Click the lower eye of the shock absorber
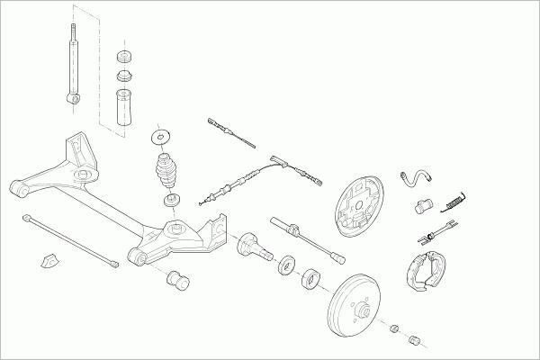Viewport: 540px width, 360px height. pyautogui.click(x=71, y=94)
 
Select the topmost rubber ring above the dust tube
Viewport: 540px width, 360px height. pyautogui.click(x=122, y=56)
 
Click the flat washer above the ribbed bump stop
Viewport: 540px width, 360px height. pyautogui.click(x=162, y=137)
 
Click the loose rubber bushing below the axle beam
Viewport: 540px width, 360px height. pyautogui.click(x=176, y=279)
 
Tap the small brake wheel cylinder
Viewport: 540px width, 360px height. pyautogui.click(x=423, y=208)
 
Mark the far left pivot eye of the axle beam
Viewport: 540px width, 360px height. pyautogui.click(x=15, y=187)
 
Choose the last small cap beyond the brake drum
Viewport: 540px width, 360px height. pyautogui.click(x=416, y=340)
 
